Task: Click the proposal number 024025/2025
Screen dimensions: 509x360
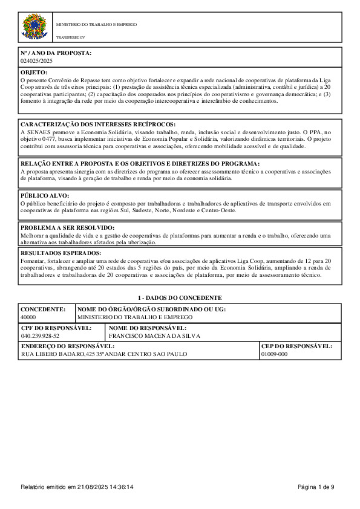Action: pos(37,61)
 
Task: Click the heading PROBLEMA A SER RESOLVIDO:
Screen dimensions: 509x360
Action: pos(67,227)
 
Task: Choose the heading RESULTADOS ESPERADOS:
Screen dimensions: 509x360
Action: pos(61,253)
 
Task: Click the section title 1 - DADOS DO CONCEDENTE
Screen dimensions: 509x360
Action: pos(180,298)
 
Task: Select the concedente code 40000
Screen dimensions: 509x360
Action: pos(28,317)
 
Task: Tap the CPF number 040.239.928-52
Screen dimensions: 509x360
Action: pos(40,335)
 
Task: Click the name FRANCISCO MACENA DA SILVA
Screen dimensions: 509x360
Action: pos(154,335)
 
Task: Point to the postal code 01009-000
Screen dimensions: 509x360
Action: pos(274,354)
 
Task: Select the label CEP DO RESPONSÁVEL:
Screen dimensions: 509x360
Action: pos(296,346)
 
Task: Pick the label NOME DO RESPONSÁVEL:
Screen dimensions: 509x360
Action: pos(147,328)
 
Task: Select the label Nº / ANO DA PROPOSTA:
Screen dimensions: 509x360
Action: pos(56,53)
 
